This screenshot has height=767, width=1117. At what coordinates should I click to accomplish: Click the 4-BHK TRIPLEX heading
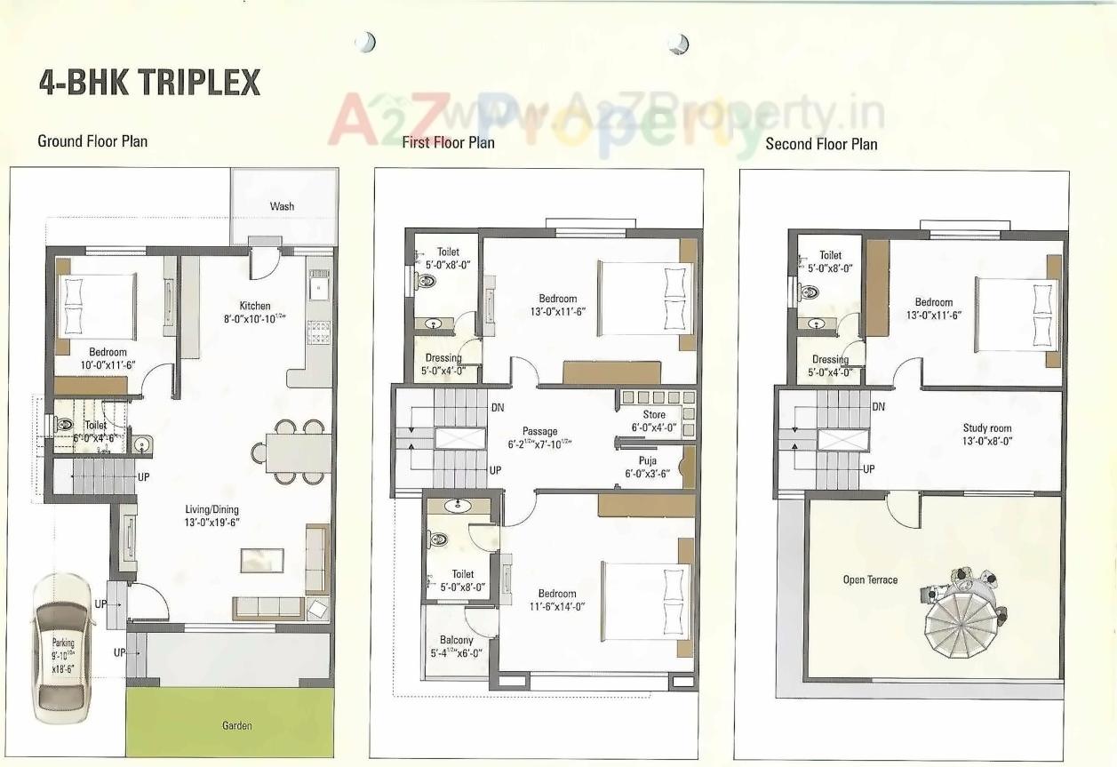[x=149, y=82]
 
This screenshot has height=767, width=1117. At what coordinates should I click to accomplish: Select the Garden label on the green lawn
[x=236, y=725]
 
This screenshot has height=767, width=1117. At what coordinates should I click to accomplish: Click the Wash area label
[x=282, y=206]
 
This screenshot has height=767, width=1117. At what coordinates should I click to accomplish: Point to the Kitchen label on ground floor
[x=255, y=306]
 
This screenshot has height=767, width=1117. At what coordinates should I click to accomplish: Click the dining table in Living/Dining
[x=291, y=452]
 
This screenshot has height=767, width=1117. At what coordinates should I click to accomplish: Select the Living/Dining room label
[x=211, y=509]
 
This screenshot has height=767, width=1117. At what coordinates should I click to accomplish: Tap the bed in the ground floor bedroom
[x=96, y=305]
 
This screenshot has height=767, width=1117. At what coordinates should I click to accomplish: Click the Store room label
[x=654, y=415]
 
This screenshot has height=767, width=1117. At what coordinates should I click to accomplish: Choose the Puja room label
[x=647, y=461]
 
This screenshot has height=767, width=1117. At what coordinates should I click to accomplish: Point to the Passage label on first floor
[x=540, y=432]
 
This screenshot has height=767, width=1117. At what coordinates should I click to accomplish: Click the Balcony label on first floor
[x=457, y=640]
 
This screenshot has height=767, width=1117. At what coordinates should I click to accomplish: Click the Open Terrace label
[x=870, y=580]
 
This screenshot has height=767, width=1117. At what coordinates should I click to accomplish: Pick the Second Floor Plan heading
[x=821, y=144]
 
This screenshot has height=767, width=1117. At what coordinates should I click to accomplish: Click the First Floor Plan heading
[x=448, y=142]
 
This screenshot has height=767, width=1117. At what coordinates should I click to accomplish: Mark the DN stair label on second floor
[x=879, y=407]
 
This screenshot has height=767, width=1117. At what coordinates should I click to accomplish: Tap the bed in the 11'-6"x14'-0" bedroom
[x=645, y=600]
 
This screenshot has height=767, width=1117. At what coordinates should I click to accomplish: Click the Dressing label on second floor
[x=830, y=360]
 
